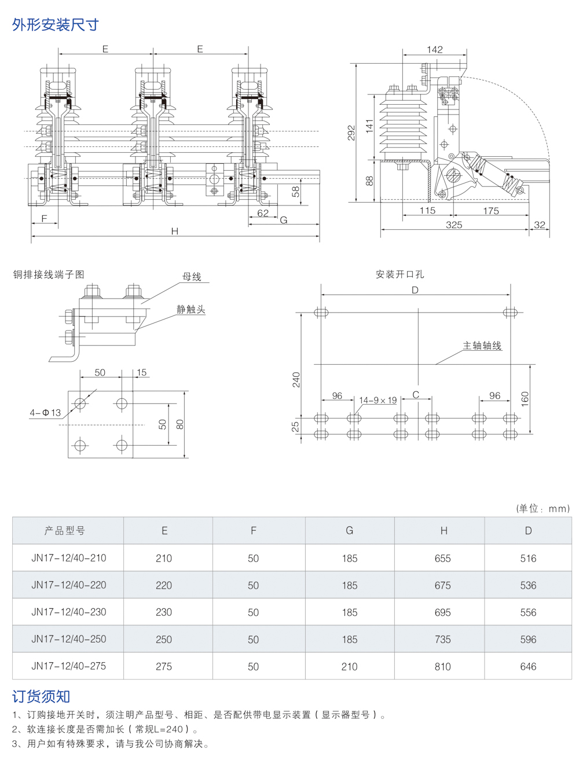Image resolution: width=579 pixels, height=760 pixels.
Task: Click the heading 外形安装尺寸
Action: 56,24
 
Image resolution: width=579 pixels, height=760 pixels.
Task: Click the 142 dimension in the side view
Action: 435,50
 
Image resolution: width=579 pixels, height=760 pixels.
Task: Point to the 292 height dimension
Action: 351,133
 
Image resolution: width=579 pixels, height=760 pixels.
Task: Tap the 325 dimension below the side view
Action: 454,225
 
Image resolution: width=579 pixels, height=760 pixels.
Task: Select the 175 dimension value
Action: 490,211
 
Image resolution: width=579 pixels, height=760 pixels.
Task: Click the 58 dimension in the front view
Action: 295,191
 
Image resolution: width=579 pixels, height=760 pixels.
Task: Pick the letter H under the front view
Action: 174,231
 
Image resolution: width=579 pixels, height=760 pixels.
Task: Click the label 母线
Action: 192,277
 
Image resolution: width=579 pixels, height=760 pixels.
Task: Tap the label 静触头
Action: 191,309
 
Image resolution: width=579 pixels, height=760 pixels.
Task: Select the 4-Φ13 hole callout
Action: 45,413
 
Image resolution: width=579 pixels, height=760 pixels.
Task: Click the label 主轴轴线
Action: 482,346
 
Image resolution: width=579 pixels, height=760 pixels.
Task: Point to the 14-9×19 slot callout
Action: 378,400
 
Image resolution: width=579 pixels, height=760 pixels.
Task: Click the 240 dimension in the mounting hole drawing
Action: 296,380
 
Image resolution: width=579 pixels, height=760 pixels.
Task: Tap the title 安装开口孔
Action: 400,274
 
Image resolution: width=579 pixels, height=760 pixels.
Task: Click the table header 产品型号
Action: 65,530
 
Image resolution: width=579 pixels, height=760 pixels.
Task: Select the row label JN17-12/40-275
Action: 68,666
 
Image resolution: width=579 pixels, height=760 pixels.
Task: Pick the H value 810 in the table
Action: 442,667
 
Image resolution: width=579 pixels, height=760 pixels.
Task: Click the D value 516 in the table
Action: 528,559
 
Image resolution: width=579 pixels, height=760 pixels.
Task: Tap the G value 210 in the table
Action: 349,667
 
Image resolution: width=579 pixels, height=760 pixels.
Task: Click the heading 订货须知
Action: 41,696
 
